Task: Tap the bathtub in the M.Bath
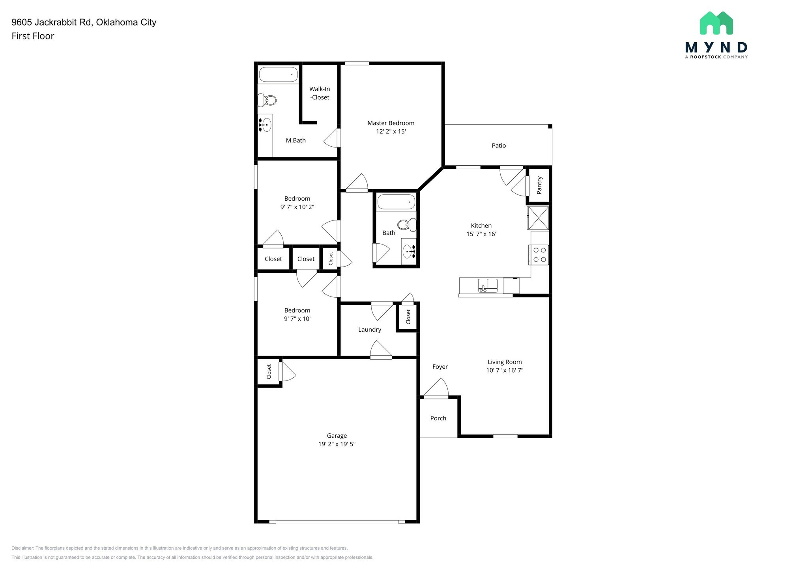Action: [x=278, y=74]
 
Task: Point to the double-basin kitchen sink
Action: [x=488, y=285]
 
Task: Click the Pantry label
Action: [x=539, y=185]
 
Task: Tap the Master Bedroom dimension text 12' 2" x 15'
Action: [x=391, y=131]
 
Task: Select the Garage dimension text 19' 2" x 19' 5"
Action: [x=337, y=444]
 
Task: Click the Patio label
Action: [x=499, y=146]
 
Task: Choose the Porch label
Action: [x=438, y=418]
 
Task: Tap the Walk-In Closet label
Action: [x=320, y=93]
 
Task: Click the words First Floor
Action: [x=33, y=36]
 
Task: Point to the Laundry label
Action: [x=369, y=329]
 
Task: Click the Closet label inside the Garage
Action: [x=269, y=371]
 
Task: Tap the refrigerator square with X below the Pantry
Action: [x=538, y=218]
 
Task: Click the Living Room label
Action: [x=505, y=362]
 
